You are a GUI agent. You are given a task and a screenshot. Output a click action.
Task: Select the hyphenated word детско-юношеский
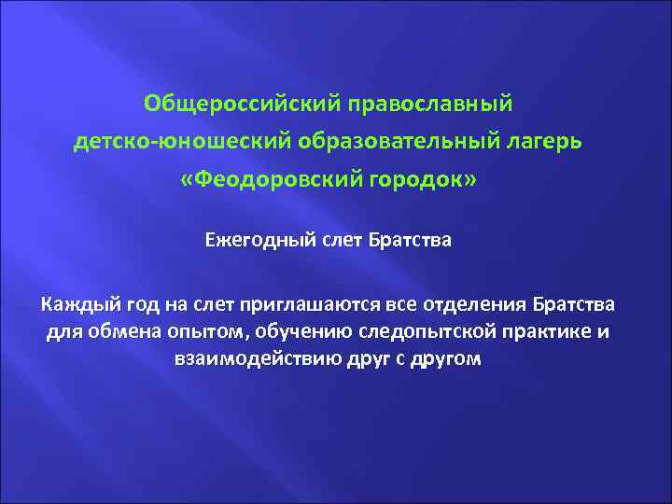182,140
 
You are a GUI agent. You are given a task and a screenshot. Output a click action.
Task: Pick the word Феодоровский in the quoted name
273,180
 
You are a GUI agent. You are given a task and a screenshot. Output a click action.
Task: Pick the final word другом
449,359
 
